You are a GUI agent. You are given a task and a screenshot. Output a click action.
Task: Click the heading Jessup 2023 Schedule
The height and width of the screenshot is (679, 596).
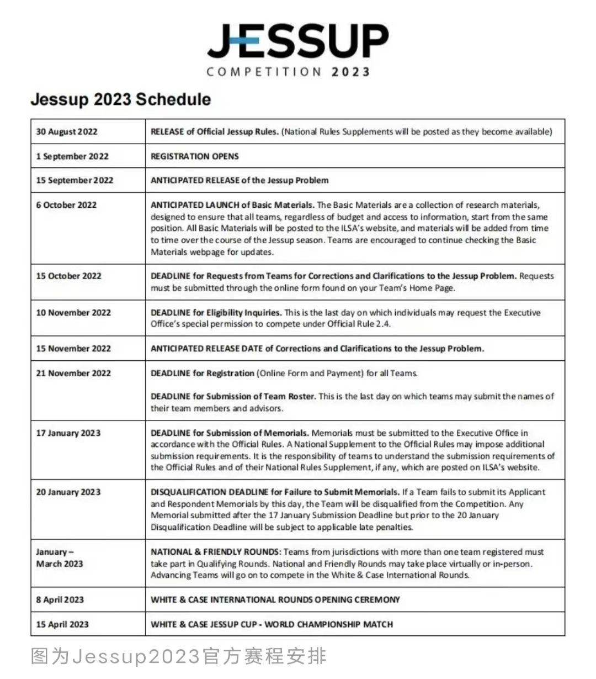(121, 99)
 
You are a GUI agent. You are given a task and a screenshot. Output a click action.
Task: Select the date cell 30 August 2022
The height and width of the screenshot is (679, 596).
(67, 131)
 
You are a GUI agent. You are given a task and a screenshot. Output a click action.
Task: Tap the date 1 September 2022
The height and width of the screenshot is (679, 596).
(72, 156)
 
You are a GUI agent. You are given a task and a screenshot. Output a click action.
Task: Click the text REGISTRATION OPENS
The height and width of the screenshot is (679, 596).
(195, 156)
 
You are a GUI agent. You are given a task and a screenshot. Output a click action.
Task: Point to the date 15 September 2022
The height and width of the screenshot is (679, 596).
(74, 180)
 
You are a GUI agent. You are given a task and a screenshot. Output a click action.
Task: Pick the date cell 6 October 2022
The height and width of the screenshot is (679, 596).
(66, 205)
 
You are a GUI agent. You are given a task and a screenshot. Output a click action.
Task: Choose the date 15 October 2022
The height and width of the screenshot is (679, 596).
(68, 276)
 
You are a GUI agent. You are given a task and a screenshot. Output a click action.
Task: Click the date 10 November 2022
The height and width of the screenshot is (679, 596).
(73, 313)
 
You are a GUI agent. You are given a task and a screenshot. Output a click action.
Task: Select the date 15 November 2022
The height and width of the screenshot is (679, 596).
(73, 349)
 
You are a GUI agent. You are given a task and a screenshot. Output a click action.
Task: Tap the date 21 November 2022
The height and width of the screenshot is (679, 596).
(73, 373)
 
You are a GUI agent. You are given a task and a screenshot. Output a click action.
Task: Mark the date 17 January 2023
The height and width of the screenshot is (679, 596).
(68, 433)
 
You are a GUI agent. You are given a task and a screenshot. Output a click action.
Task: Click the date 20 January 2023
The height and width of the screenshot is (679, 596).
(68, 492)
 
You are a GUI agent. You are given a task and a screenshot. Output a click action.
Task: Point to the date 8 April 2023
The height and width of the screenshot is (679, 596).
(60, 599)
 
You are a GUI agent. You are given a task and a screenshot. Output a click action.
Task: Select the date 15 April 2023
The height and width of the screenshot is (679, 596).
(62, 624)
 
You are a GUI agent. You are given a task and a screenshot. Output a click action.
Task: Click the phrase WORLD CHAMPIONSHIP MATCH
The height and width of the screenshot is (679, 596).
(329, 624)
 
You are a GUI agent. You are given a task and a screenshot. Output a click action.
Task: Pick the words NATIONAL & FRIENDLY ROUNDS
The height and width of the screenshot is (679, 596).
(215, 552)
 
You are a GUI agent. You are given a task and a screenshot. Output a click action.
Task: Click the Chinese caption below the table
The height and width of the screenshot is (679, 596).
(179, 656)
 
